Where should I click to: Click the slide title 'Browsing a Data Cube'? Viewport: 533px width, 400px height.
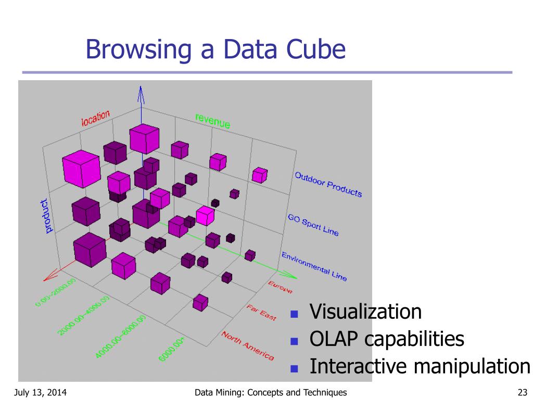[215, 50]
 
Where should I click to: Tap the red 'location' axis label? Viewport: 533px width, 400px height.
[95, 118]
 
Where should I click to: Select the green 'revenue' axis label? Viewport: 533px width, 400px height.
[212, 120]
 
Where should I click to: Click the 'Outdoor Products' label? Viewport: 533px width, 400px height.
[328, 184]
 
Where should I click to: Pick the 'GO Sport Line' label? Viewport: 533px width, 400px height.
[313, 224]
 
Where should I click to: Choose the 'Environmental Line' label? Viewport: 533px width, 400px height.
[314, 266]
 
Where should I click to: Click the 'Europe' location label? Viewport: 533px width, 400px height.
[280, 286]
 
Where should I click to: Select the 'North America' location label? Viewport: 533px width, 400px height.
[248, 345]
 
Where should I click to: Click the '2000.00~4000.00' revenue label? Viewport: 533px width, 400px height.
[83, 315]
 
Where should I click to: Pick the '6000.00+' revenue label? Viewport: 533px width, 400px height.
[172, 349]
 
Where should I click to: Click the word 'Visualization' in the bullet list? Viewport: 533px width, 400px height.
[365, 311]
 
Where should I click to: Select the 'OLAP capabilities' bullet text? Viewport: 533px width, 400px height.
[387, 339]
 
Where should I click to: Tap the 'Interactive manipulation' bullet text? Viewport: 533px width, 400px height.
[420, 366]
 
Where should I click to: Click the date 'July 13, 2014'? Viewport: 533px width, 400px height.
[38, 392]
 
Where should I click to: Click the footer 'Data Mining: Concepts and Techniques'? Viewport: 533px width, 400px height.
[270, 392]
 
